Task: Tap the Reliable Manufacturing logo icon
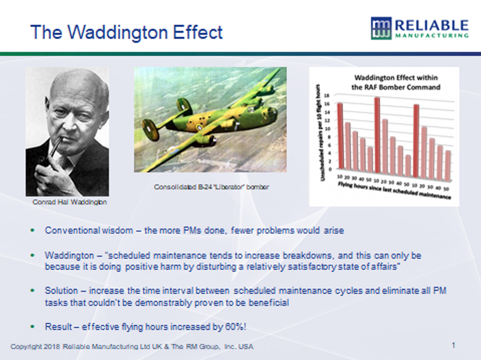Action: point(381,28)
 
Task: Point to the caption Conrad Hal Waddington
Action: point(70,202)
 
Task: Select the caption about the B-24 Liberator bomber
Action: point(212,187)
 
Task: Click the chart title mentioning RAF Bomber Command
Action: point(396,82)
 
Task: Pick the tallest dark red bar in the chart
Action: point(377,135)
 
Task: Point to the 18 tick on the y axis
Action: point(327,96)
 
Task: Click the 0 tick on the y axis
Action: point(330,169)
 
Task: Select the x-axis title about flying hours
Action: point(395,190)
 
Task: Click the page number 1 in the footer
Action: point(454,346)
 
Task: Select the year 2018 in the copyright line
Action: point(52,347)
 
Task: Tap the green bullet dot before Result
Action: point(33,327)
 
